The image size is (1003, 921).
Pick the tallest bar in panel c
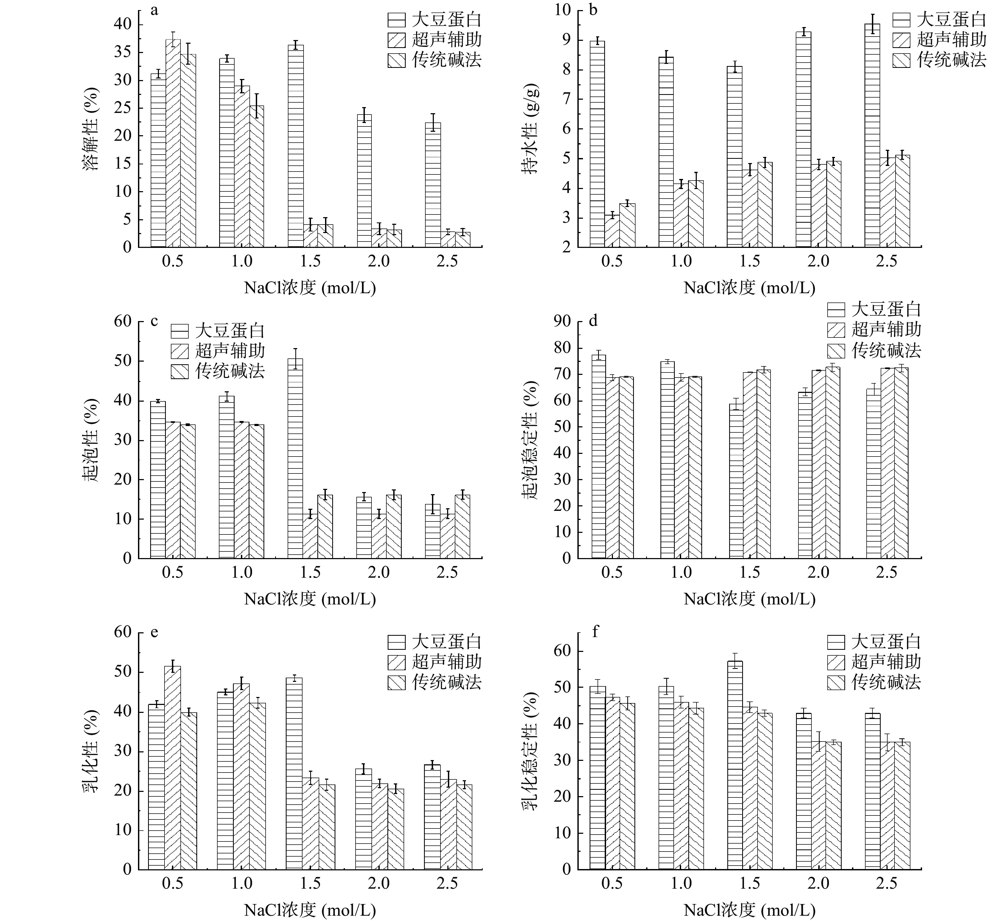pyautogui.click(x=295, y=458)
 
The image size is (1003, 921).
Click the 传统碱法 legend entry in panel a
pyautogui.click(x=434, y=60)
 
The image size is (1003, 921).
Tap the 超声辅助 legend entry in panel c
pyautogui.click(x=218, y=351)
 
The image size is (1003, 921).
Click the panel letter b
pyautogui.click(x=593, y=10)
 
